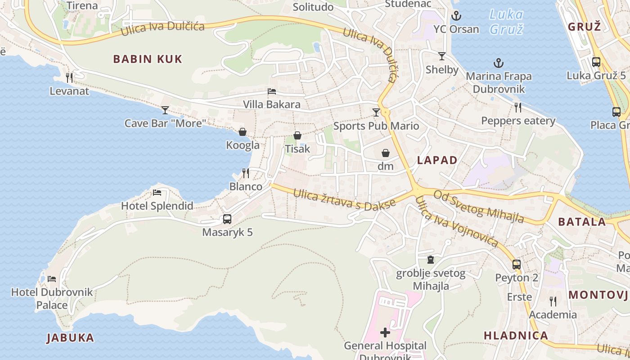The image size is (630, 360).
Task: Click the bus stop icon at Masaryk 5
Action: (227, 219)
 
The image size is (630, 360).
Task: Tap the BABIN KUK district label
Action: (148, 59)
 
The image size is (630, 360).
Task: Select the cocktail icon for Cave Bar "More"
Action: (165, 110)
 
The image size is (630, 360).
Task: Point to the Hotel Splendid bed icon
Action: (157, 193)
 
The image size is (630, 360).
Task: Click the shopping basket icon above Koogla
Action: (243, 132)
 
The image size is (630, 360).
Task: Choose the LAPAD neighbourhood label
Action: (437, 160)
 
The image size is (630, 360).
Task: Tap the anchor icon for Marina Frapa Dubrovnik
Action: (498, 63)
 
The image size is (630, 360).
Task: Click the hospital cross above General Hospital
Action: (385, 333)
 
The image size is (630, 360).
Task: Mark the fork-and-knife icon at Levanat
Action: (69, 78)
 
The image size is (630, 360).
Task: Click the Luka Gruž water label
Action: (506, 22)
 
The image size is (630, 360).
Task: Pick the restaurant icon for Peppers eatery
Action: (518, 107)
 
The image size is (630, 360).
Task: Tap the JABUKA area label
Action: (70, 337)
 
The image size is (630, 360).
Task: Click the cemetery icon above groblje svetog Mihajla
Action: (431, 260)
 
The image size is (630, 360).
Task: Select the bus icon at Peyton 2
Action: (517, 264)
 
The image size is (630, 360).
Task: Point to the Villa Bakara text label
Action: (272, 104)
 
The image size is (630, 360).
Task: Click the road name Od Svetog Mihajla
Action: (479, 207)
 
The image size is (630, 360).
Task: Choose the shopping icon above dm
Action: (386, 153)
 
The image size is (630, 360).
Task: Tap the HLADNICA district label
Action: (516, 335)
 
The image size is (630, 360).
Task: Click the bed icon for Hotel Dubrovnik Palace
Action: (52, 279)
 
